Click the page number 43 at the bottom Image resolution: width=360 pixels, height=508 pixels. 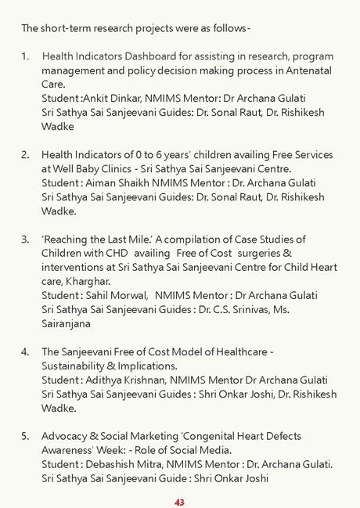(x=179, y=502)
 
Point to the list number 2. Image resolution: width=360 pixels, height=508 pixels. (x=25, y=155)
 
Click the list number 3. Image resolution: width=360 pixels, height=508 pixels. (x=25, y=239)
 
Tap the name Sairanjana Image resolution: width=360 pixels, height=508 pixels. (x=67, y=323)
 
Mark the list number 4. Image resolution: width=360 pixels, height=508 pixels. (x=25, y=351)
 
